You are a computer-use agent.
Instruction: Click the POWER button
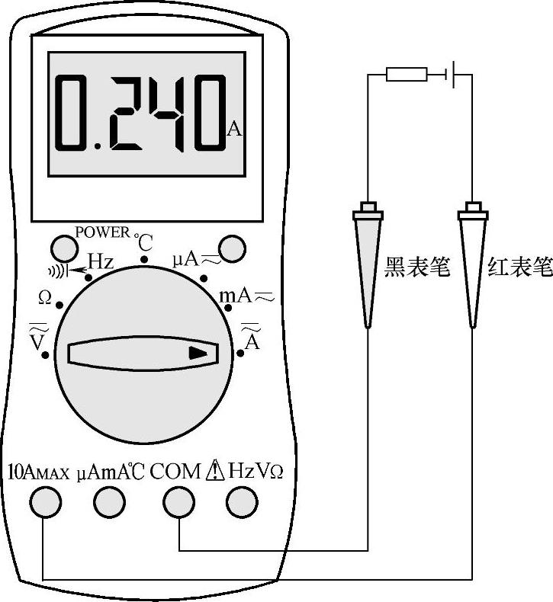(63, 247)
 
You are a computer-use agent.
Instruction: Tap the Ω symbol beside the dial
(45, 299)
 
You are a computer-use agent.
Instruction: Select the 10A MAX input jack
(45, 501)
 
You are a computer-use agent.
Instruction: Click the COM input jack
(178, 501)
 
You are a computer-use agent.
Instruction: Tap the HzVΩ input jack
(242, 501)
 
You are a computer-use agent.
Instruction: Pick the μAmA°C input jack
(109, 501)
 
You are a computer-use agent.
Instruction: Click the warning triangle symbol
(215, 471)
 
